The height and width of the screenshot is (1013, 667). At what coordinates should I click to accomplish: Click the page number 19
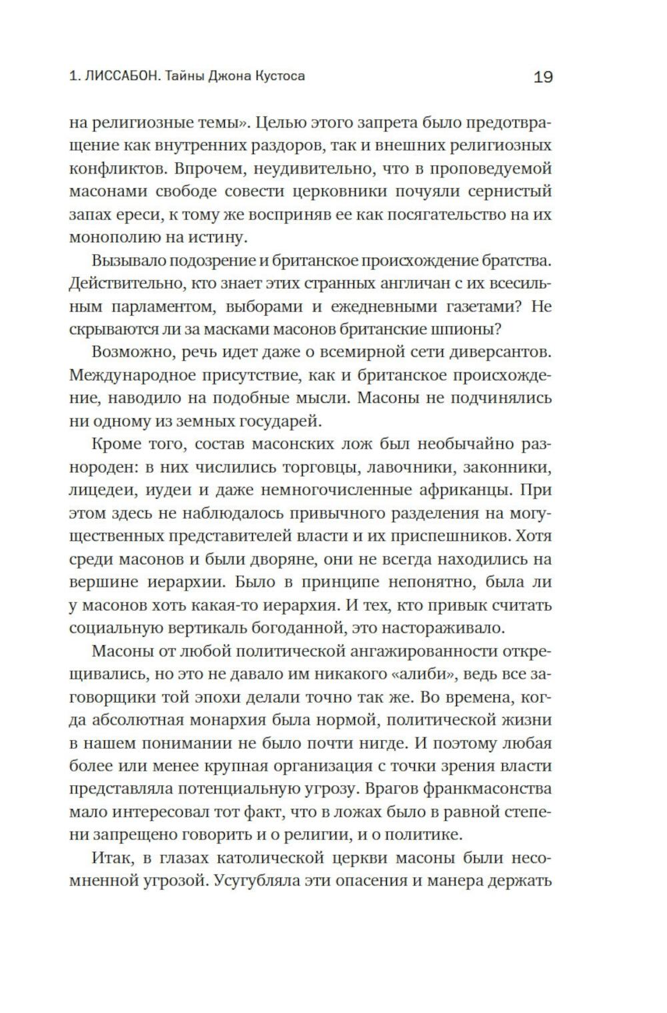tap(543, 77)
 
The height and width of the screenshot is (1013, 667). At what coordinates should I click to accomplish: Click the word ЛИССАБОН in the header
tap(119, 76)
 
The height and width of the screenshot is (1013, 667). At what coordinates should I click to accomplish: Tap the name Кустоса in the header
tap(280, 76)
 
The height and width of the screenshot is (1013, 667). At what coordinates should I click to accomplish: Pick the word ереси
tap(138, 214)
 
